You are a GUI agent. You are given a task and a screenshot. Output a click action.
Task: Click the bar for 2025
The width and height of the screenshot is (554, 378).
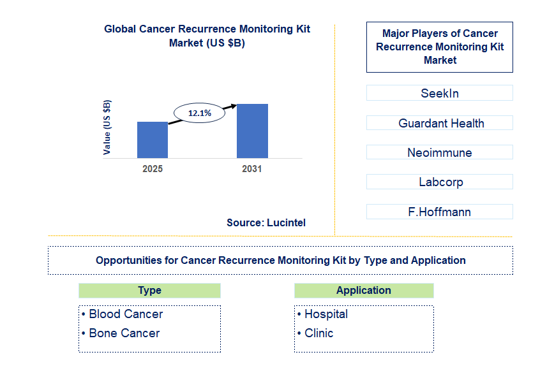point(153,140)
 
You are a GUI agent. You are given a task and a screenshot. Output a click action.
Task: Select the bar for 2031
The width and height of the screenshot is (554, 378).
point(252,131)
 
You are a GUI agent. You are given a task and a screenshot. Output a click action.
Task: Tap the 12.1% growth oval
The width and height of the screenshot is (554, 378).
point(199,113)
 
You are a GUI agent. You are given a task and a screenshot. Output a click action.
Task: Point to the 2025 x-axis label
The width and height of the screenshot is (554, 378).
point(153,169)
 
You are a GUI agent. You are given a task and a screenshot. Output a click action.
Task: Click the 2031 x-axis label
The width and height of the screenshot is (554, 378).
point(252,169)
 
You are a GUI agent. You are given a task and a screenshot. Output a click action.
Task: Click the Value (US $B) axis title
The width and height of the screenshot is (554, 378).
point(107,127)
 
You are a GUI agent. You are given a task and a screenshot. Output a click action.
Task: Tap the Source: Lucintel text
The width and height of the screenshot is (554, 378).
point(266,222)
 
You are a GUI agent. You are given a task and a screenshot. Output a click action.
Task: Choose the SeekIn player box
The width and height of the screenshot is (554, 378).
point(439,93)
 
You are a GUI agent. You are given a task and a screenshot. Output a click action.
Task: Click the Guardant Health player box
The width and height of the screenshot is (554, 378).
point(439,123)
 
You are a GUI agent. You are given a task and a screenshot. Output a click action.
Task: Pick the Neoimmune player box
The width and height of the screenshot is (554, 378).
point(439,152)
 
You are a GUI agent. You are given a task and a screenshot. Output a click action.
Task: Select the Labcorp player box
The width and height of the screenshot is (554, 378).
point(439,182)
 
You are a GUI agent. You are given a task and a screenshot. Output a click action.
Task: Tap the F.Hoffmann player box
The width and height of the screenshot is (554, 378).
point(439,212)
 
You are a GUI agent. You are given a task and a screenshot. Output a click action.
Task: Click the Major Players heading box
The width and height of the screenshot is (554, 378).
point(439,47)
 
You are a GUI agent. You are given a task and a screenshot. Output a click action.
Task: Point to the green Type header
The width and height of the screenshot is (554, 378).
point(149,291)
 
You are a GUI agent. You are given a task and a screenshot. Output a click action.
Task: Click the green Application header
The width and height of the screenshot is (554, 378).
point(364,291)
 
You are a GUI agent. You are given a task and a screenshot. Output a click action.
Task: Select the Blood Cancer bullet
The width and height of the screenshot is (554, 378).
point(125,314)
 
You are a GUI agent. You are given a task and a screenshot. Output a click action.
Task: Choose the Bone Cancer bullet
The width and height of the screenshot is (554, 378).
point(124,333)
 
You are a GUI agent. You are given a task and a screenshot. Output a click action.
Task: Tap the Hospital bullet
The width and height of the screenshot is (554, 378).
point(326,314)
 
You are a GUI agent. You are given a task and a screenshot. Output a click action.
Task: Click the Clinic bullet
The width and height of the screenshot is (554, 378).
point(318,333)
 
